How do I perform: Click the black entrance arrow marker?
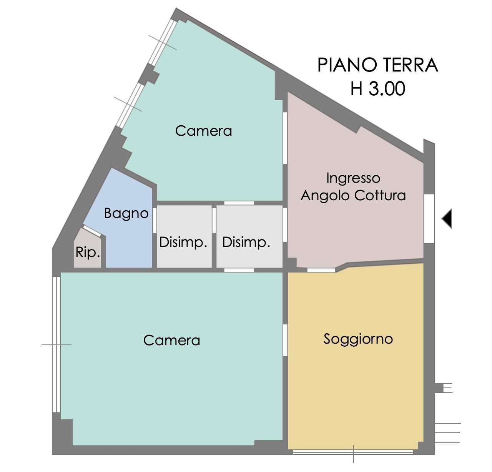(x=447, y=218)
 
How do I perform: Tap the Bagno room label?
(x=126, y=214)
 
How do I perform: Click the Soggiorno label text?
(x=358, y=339)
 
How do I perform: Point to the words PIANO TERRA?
(x=377, y=65)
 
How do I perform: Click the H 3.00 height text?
(x=378, y=89)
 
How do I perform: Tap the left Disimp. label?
(x=183, y=243)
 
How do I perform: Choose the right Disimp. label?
(x=246, y=243)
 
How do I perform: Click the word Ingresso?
(x=353, y=178)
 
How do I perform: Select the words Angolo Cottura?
(x=353, y=196)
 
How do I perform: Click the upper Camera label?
(x=203, y=131)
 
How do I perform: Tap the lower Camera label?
(x=172, y=340)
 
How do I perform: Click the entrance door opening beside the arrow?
(x=429, y=218)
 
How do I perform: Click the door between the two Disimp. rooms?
(x=214, y=220)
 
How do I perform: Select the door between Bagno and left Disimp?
(x=154, y=220)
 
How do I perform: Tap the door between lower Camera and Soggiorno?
(x=285, y=340)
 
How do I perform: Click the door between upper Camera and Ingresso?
(x=285, y=138)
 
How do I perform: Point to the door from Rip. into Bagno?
(x=92, y=231)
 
